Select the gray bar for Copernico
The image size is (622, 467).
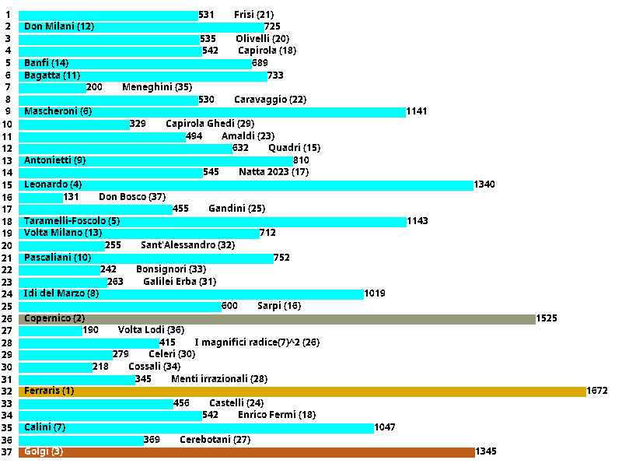pos(277,318)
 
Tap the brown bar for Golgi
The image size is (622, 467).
pos(246,452)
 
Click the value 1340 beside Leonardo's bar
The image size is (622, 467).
pos(484,184)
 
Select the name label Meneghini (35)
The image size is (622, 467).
pos(157,87)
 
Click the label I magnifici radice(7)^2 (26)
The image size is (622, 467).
pos(257,342)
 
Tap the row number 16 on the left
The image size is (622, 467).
pos(8,197)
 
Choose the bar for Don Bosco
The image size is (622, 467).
pos(40,197)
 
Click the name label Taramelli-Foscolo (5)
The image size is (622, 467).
pos(72,221)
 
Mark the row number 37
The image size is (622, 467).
pos(8,452)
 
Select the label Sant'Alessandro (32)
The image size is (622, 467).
pos(187,245)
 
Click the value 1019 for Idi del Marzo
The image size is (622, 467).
pos(375,294)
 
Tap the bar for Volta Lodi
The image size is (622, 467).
pos(51,330)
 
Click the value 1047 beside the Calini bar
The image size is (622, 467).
pos(386,428)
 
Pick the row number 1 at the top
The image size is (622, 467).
pos(8,15)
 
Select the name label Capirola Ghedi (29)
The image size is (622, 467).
pos(210,124)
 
